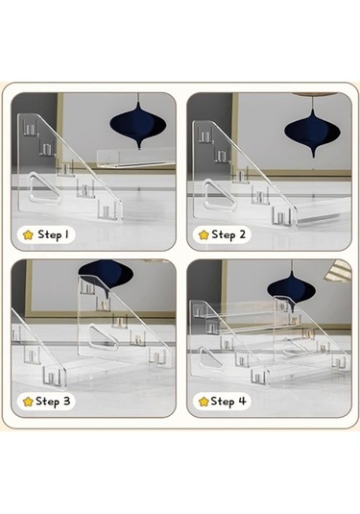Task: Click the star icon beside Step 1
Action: [29, 234]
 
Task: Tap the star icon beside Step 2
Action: [204, 234]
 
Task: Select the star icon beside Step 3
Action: [28, 402]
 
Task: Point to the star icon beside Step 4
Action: [204, 402]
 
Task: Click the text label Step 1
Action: [54, 234]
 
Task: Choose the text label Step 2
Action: [228, 234]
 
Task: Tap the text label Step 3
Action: [53, 402]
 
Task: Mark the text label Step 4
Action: [228, 402]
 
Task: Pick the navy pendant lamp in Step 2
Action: [313, 131]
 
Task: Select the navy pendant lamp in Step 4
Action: [291, 288]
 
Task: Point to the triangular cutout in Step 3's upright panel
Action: [103, 336]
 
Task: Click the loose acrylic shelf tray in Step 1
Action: [135, 158]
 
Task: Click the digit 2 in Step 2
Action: [241, 234]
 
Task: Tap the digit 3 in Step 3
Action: [66, 402]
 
